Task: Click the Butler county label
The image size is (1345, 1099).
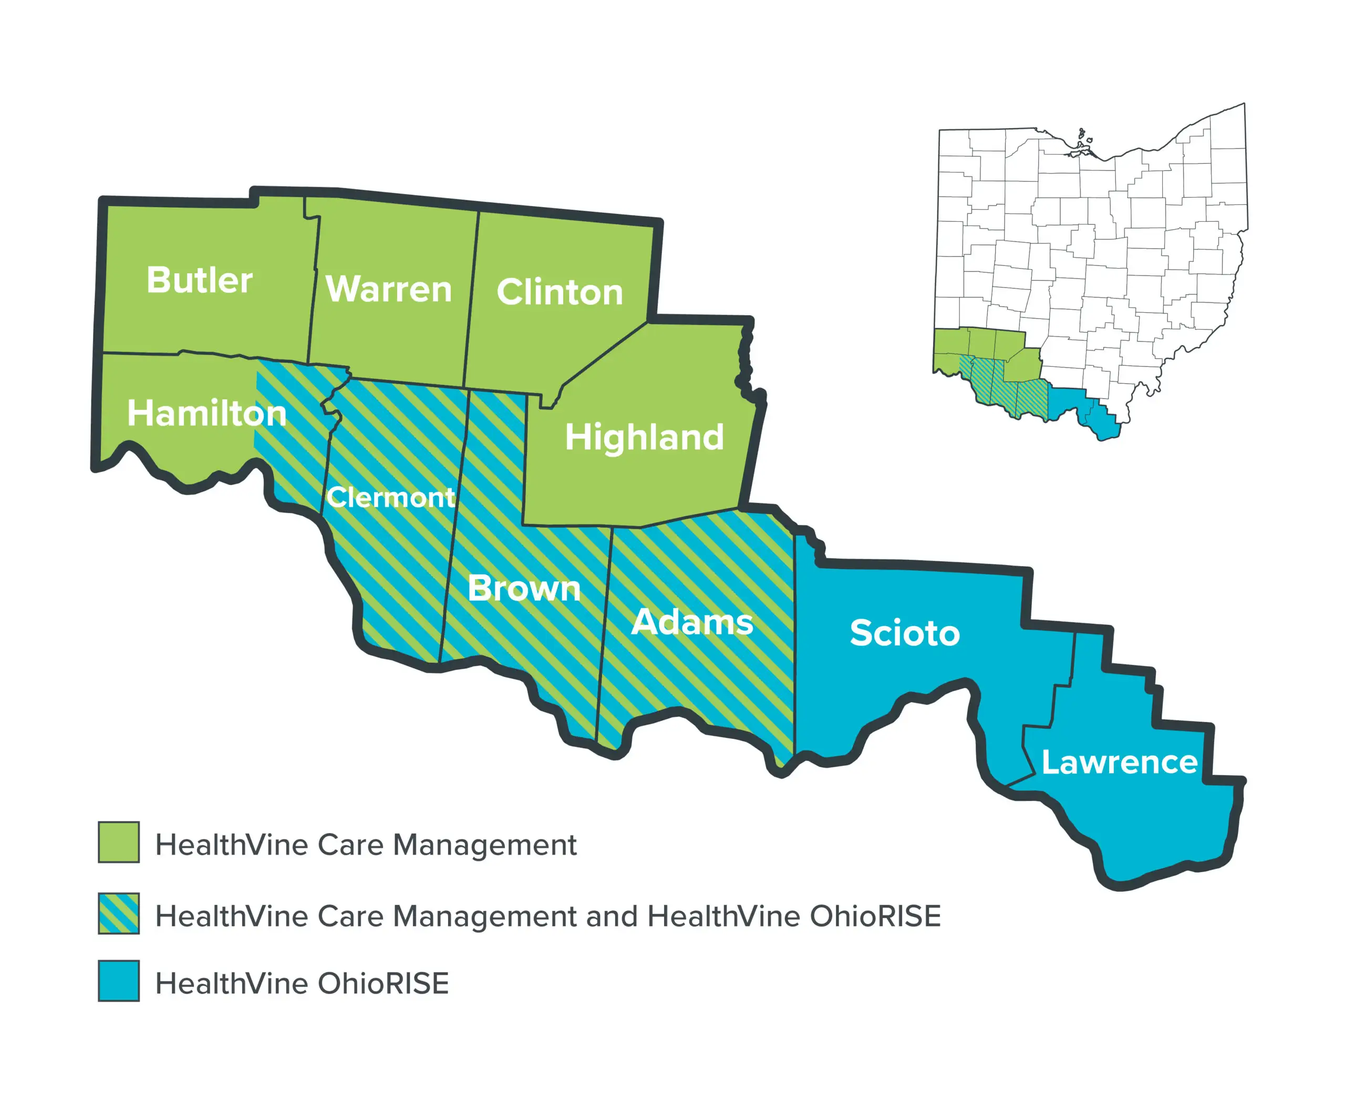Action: point(199,281)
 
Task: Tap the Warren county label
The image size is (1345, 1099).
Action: point(389,289)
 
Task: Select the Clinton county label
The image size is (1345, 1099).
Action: point(560,292)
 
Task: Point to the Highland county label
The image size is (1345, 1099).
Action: point(644,437)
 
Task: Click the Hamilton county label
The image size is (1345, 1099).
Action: point(207,414)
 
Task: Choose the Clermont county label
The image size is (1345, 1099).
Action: point(390,498)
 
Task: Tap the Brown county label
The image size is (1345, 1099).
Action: point(524,589)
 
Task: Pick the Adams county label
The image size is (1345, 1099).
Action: point(692,622)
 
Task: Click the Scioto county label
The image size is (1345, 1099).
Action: point(905,633)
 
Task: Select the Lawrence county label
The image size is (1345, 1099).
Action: point(1119,762)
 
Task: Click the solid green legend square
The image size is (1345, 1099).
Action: point(118,842)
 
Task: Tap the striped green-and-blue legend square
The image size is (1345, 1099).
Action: point(118,913)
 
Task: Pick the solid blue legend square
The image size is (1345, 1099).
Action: point(118,981)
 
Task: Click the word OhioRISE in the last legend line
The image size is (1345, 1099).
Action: point(383,984)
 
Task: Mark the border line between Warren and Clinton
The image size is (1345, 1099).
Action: point(472,297)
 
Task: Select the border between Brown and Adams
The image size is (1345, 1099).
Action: point(604,633)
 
